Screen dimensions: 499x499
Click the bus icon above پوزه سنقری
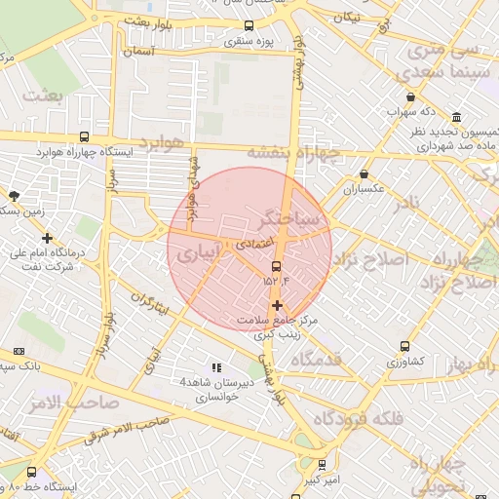[x=249, y=26]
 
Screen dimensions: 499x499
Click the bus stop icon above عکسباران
[x=365, y=174]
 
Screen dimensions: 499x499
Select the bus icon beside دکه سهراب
[x=411, y=97]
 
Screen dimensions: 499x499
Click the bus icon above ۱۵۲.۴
[x=276, y=265]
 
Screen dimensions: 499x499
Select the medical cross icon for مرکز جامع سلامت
[x=277, y=306]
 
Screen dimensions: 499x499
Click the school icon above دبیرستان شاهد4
[x=215, y=367]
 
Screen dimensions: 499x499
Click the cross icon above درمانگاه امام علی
[x=47, y=238]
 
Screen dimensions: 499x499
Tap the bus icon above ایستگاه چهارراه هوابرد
[x=84, y=137]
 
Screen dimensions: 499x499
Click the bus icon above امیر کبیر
[x=321, y=464]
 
